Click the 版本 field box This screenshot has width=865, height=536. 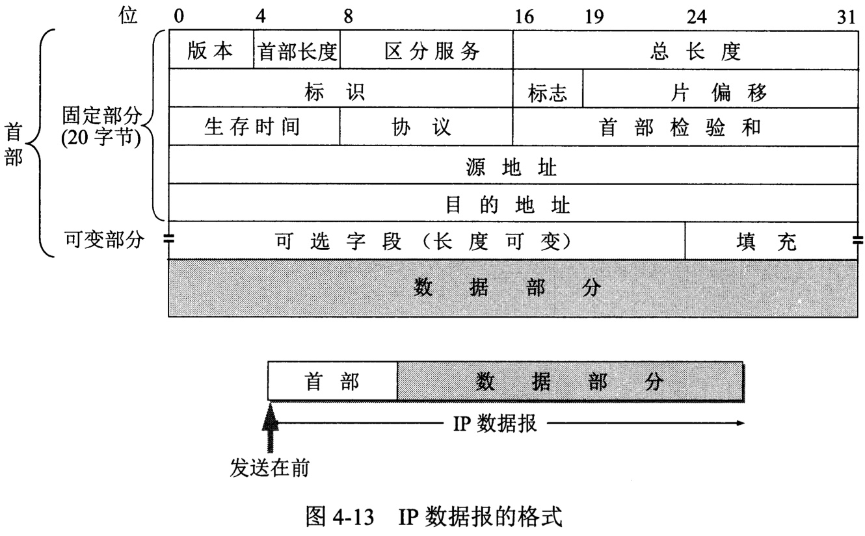coord(211,51)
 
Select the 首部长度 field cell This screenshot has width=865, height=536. coord(297,51)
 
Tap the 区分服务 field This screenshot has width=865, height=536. coord(426,51)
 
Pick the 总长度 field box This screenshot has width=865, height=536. coord(684,51)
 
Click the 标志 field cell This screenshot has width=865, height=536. coord(548,92)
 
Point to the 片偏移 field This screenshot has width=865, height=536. coord(719,92)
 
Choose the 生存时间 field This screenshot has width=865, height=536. coord(254,127)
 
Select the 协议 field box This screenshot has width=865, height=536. coord(426,127)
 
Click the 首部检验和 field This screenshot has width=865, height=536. coord(684,127)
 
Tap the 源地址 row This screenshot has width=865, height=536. coord(512,168)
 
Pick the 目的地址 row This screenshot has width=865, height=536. coord(512,206)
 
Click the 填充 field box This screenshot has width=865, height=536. coord(770,242)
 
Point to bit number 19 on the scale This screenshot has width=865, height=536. coord(593,18)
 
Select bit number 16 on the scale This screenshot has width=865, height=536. coord(523,18)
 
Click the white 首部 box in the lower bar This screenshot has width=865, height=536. coord(332,381)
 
